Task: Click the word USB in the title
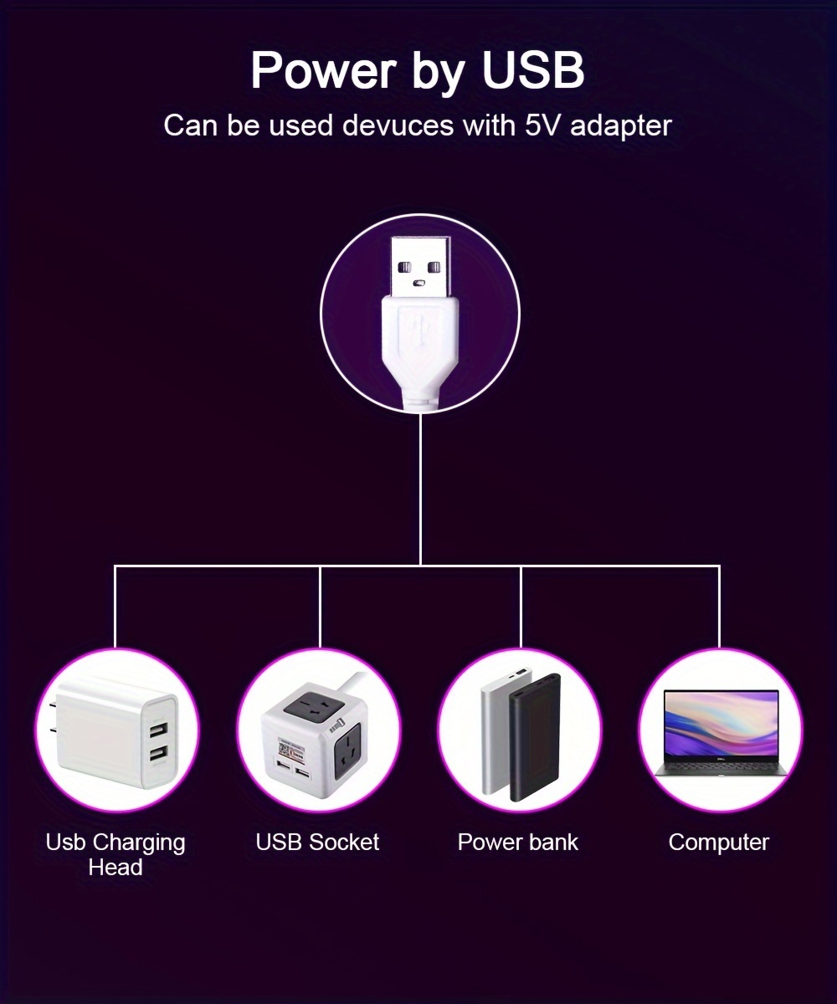533,70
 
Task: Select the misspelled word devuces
398,125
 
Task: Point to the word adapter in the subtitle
620,127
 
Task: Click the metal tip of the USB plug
421,266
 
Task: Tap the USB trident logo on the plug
419,332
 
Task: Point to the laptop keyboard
721,766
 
